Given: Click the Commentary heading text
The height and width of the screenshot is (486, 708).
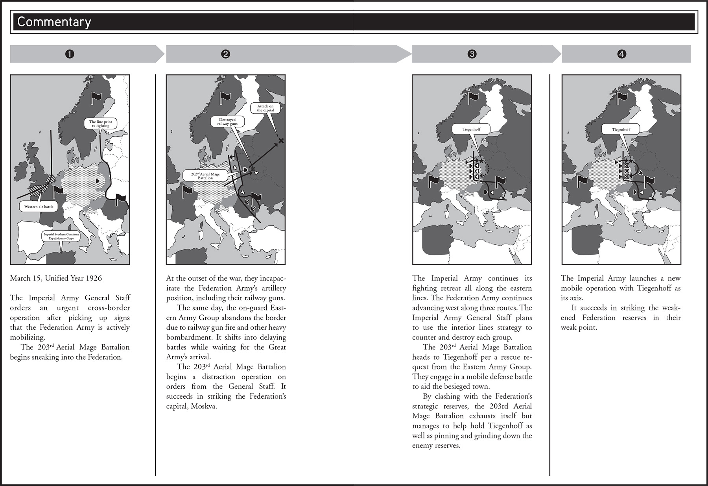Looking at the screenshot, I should pyautogui.click(x=54, y=22).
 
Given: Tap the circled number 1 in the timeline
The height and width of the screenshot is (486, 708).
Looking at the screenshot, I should pyautogui.click(x=70, y=54).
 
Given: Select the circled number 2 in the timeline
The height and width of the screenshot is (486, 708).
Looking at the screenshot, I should pyautogui.click(x=225, y=54).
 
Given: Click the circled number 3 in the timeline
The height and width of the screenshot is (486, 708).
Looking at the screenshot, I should pyautogui.click(x=472, y=54).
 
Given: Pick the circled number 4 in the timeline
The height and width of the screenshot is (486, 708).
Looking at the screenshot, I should pyautogui.click(x=621, y=54).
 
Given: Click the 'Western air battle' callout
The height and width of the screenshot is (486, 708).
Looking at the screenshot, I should pyautogui.click(x=39, y=207).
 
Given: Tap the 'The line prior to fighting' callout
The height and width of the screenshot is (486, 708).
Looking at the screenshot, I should pyautogui.click(x=100, y=124).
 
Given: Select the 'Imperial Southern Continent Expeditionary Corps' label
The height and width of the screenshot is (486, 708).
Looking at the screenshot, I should pyautogui.click(x=61, y=236).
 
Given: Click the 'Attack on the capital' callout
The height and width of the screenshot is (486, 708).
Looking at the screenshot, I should pyautogui.click(x=265, y=108).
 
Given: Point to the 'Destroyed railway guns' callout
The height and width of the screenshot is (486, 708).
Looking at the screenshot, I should pyautogui.click(x=227, y=122).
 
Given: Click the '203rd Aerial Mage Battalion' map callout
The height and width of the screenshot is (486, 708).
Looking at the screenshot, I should pyautogui.click(x=205, y=176).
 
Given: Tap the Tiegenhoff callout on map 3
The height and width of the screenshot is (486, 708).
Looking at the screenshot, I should pyautogui.click(x=471, y=129).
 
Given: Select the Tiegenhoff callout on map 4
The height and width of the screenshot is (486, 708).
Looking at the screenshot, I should pyautogui.click(x=621, y=129).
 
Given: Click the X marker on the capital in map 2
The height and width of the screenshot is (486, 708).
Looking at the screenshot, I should pyautogui.click(x=280, y=140).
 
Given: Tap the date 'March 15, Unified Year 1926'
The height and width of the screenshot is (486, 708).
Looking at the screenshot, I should pyautogui.click(x=56, y=278).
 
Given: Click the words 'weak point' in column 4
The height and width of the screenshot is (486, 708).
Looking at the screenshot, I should pyautogui.click(x=578, y=327).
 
